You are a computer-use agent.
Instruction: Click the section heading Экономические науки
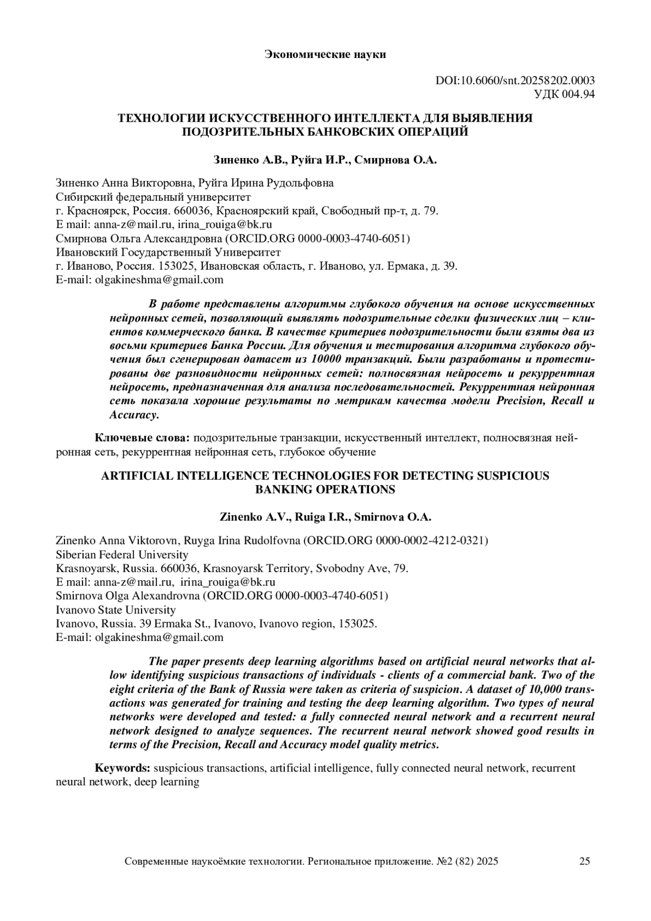pos(325,54)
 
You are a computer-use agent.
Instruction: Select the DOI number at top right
pos(515,80)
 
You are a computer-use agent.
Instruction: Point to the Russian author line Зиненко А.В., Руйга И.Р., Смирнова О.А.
pos(325,160)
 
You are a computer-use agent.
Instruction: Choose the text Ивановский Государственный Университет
pos(169,252)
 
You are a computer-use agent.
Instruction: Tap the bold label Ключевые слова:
pos(142,437)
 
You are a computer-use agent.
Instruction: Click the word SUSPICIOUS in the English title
pos(513,476)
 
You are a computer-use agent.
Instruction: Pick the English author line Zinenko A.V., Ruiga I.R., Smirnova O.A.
pos(325,517)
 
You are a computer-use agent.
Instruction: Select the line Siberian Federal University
pos(122,555)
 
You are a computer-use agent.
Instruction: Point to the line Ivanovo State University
pos(116,609)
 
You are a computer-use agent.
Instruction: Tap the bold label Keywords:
pos(123,768)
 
